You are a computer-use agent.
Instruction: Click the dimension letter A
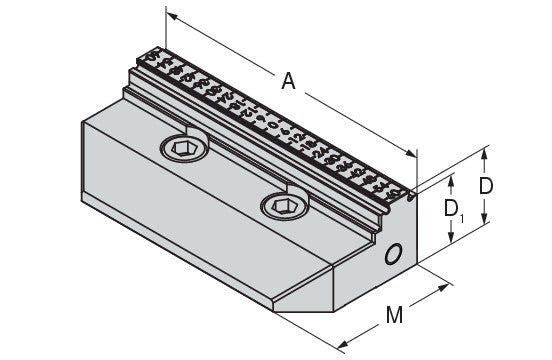288,81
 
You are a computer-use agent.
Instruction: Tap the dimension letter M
394,315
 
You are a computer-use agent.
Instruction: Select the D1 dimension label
454,210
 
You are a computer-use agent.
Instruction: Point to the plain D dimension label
486,186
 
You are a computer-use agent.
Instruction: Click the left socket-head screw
184,148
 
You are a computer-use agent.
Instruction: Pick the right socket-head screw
285,206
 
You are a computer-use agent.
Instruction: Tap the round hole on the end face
393,254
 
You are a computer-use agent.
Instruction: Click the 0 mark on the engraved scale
273,125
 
